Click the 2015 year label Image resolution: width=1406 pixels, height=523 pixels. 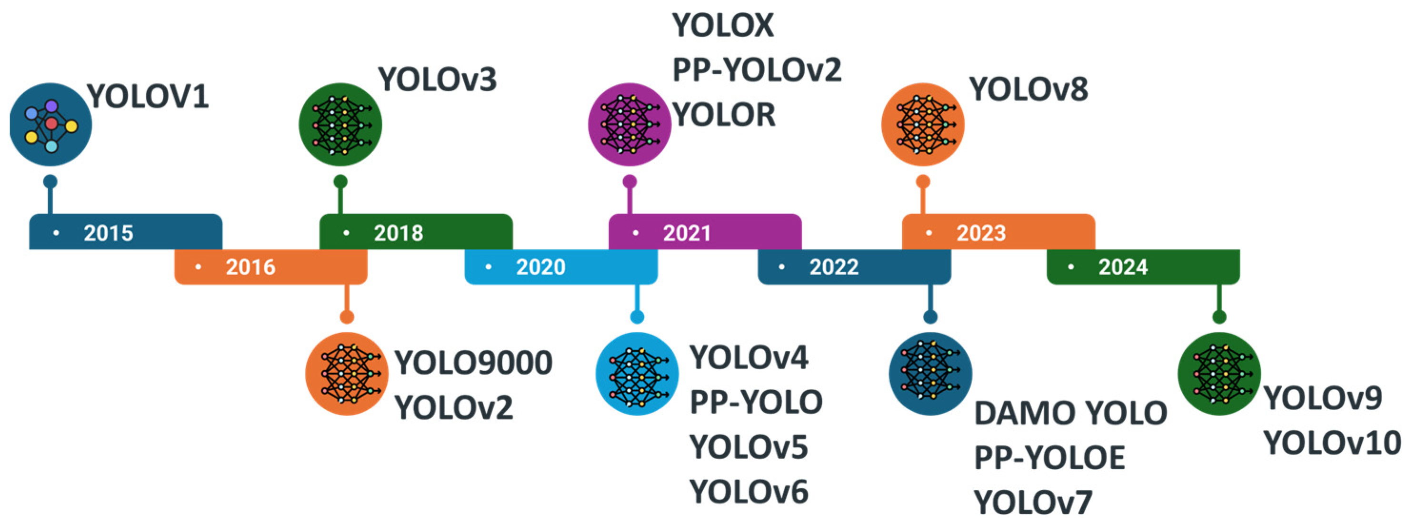(x=108, y=233)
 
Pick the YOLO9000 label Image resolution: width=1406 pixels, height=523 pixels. (x=473, y=363)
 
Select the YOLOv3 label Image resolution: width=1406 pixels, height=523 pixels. (x=438, y=79)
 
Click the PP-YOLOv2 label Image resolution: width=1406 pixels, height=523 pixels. (x=757, y=70)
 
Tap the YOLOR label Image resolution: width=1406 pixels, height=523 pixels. (x=724, y=115)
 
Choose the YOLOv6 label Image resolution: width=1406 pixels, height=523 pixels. (x=748, y=492)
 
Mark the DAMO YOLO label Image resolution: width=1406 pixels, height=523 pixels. (x=1070, y=413)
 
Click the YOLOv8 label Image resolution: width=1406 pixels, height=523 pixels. (x=1028, y=89)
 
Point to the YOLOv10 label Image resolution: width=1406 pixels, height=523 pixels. (x=1332, y=443)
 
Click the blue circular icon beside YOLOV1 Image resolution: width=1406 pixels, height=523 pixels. (x=51, y=124)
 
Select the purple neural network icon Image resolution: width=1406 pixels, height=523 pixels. (x=629, y=124)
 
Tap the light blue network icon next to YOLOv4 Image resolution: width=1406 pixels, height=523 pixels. (x=637, y=374)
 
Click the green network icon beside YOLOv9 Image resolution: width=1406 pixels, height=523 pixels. (x=1219, y=374)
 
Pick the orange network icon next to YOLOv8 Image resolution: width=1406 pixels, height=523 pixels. (x=922, y=124)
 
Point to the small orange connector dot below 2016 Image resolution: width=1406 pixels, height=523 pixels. (x=347, y=317)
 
